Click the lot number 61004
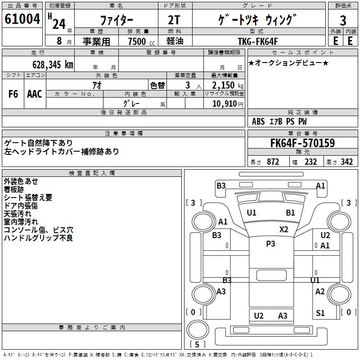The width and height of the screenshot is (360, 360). [22, 20]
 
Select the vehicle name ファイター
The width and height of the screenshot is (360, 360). [116, 20]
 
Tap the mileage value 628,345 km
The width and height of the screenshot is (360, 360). [52, 64]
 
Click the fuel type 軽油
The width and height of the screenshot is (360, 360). [175, 41]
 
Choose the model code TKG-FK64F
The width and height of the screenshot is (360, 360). [258, 41]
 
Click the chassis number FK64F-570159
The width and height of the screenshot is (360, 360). [302, 144]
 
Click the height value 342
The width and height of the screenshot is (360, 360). [346, 162]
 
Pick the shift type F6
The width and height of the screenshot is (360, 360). [13, 94]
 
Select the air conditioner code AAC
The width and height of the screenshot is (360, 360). [35, 94]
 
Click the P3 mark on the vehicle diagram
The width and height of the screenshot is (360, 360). [270, 243]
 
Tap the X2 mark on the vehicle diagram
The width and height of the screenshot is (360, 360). [283, 229]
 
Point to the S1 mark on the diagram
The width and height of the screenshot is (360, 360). [320, 313]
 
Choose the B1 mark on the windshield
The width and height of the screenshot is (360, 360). [290, 212]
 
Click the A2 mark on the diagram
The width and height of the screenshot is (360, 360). [320, 292]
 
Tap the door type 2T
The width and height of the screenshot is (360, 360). [174, 20]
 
